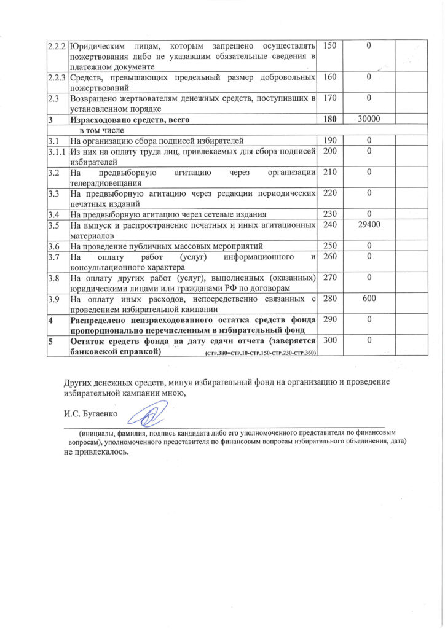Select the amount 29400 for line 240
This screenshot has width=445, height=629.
point(369,225)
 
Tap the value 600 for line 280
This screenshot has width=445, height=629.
point(369,299)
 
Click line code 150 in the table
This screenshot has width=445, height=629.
point(330,47)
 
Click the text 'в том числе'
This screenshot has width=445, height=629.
point(102,130)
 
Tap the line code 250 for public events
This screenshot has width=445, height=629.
point(330,246)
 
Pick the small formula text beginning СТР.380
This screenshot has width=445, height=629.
point(258,354)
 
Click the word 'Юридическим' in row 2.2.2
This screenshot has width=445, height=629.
point(99,47)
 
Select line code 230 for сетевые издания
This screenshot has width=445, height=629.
point(330,214)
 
